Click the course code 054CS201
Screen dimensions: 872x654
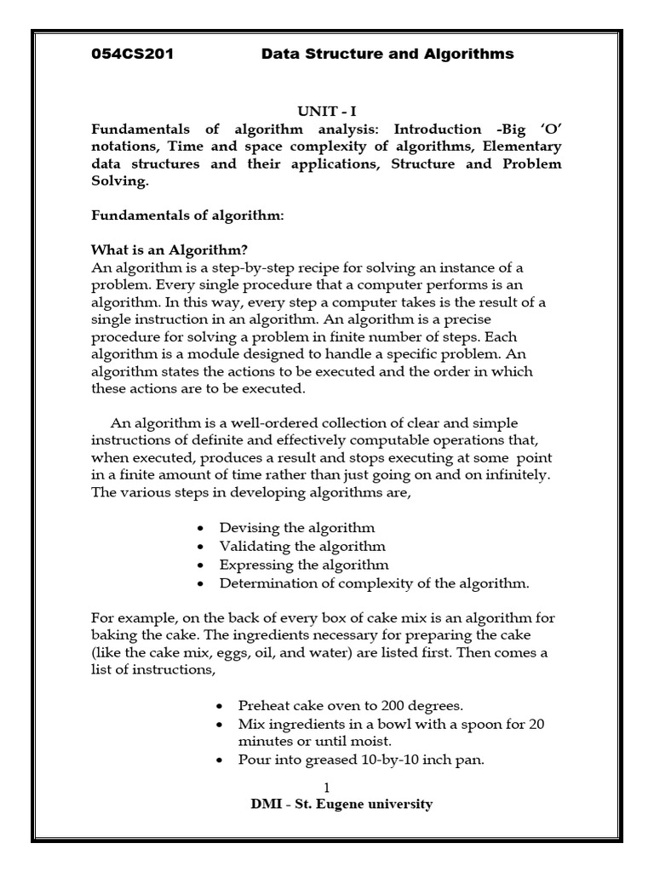(x=132, y=54)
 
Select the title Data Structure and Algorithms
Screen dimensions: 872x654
(x=387, y=54)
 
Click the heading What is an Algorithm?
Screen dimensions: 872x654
(x=169, y=250)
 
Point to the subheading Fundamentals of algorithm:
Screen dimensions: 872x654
(x=186, y=216)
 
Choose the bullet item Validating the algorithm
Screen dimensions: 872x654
(x=301, y=547)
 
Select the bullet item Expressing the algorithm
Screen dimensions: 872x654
(x=304, y=565)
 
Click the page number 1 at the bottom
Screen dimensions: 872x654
(x=327, y=788)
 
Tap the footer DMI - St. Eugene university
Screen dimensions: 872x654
(x=327, y=805)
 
